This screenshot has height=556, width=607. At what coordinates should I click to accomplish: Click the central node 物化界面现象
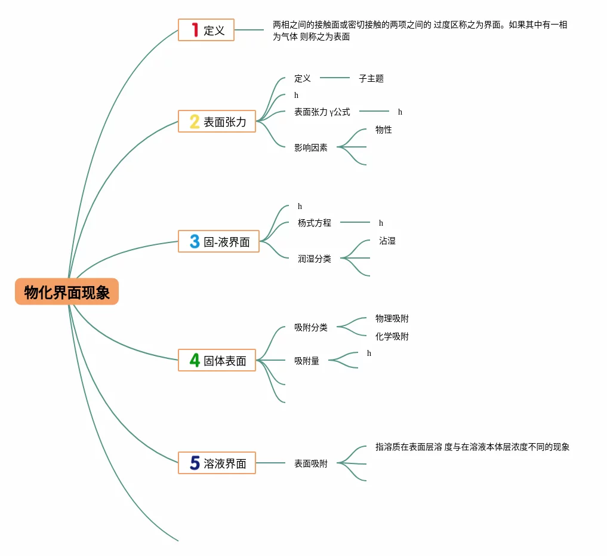click(x=67, y=292)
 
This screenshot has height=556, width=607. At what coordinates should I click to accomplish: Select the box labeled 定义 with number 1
click(x=207, y=30)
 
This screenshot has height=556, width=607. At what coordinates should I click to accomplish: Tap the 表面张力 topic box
click(x=217, y=121)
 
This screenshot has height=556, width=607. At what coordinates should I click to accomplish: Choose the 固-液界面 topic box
click(x=219, y=241)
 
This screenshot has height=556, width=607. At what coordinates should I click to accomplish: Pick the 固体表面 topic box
click(x=217, y=360)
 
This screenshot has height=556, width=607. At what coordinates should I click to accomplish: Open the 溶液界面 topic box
click(x=217, y=463)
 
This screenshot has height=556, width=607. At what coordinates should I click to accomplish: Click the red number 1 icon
click(x=195, y=30)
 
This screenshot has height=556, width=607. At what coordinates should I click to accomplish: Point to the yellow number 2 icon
click(x=195, y=121)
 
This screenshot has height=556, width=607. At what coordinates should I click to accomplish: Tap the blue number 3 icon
click(x=195, y=241)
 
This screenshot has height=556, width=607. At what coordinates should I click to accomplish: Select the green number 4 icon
click(x=195, y=360)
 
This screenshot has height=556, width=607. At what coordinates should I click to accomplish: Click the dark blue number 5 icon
click(x=195, y=463)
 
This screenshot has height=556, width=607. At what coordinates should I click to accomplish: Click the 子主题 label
click(x=371, y=78)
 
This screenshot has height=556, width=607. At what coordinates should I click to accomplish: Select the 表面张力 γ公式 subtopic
click(x=322, y=112)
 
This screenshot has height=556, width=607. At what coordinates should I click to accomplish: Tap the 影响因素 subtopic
click(x=311, y=148)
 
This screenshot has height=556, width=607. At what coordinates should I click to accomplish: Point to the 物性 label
click(x=384, y=130)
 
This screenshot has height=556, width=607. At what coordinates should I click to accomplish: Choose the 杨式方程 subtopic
click(x=315, y=223)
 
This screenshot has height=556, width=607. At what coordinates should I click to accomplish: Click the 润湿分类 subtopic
click(x=315, y=259)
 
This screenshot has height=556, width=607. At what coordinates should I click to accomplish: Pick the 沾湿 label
click(x=387, y=241)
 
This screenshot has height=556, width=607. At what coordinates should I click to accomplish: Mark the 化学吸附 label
click(x=392, y=336)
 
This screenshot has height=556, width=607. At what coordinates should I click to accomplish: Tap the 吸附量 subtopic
click(x=307, y=361)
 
